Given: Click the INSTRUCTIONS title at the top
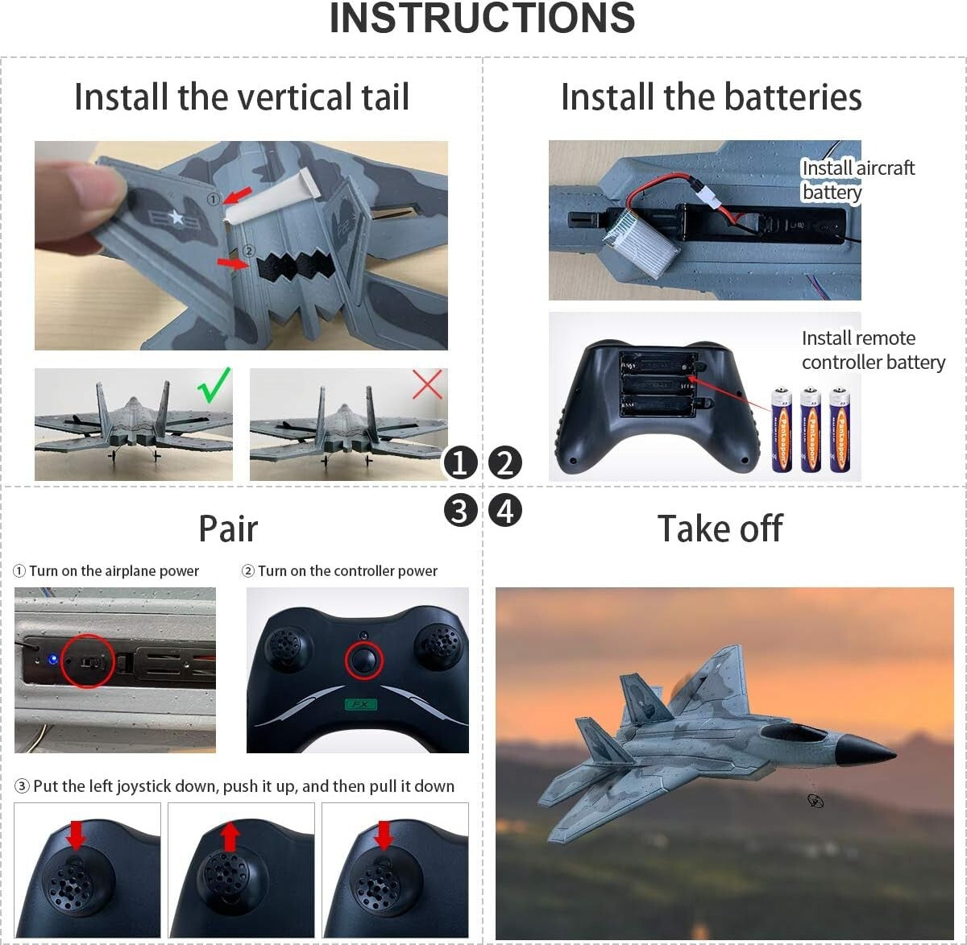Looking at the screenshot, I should pos(482,19).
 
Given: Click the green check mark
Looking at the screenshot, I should pos(214,385).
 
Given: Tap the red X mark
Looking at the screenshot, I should pos(427,384).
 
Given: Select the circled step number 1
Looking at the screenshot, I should pos(460,463).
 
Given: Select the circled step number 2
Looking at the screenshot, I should pos(505,463).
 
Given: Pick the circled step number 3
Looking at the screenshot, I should pos(460,511).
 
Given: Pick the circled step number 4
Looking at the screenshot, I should pos(505,511).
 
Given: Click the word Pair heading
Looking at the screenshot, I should pos(228,529).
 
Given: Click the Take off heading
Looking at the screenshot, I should pos(720,529).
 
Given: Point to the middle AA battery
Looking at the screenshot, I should pos(810,429).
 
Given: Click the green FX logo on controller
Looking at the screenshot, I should pos(360,705).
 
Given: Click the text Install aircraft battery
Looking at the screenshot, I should pos(857,180).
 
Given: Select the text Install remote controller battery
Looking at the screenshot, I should pos(873,350).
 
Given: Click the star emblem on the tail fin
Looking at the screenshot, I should pos(176,217).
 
